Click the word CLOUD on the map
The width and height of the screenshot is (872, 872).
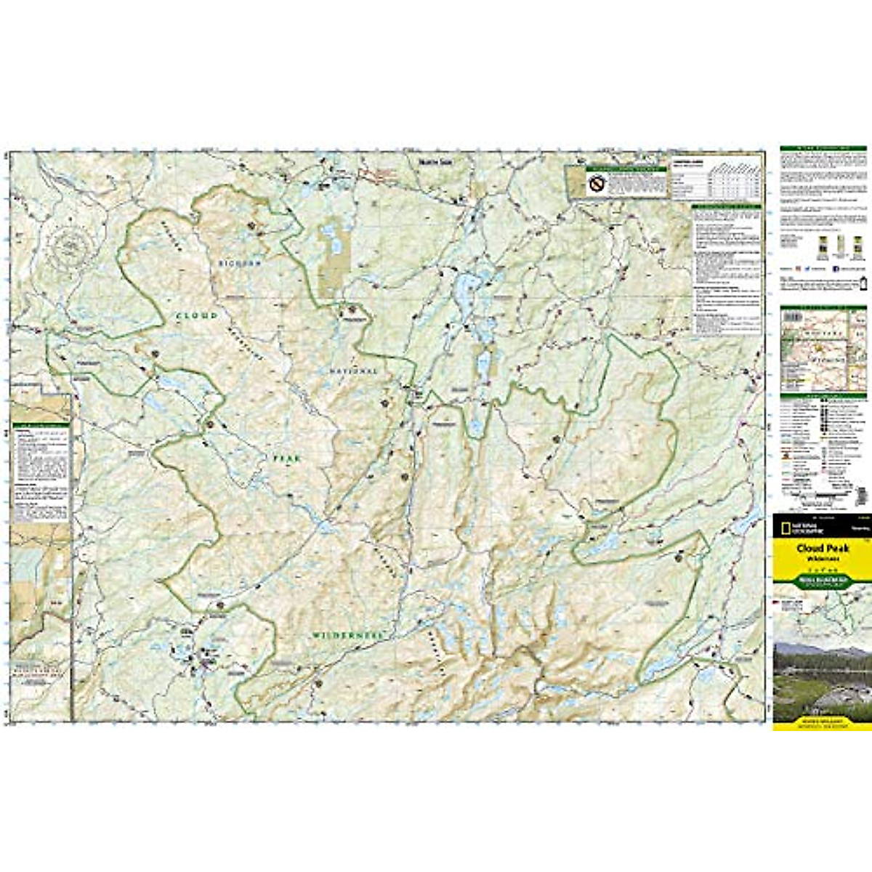(x=196, y=315)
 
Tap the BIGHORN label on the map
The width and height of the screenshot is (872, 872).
(x=239, y=263)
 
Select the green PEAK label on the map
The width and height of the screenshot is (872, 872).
(x=286, y=459)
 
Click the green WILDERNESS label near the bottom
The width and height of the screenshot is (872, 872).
(x=347, y=634)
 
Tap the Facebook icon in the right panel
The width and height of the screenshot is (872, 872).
(x=798, y=267)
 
